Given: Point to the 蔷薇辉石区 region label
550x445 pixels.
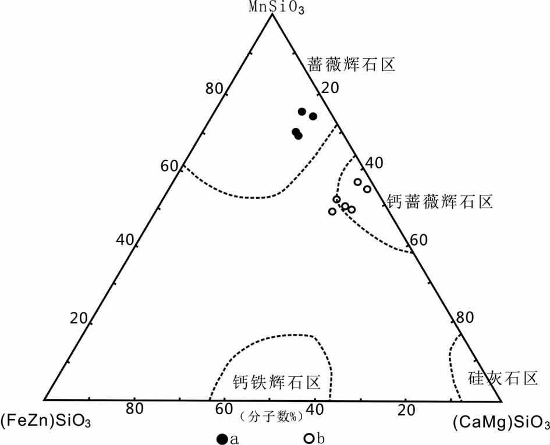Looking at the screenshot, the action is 352,64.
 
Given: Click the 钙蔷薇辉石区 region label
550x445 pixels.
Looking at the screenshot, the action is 439,202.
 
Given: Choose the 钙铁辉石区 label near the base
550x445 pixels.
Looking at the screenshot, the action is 277,382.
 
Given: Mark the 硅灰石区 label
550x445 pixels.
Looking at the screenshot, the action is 502,379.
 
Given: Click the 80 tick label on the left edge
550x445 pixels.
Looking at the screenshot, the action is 214,89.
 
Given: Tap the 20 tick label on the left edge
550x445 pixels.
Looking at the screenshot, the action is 79,318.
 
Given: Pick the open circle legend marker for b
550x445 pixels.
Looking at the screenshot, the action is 310,439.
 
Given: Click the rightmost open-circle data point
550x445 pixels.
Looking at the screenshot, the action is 367,189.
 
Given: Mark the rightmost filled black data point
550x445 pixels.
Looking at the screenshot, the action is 313,116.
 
